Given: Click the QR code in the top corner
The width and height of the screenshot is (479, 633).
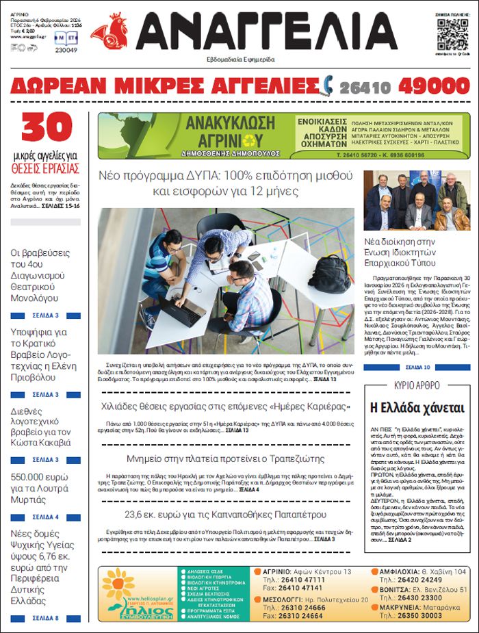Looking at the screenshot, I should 453,34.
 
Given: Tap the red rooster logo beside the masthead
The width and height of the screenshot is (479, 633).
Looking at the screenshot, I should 109,31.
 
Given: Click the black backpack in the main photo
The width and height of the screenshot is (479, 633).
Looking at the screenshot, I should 329,274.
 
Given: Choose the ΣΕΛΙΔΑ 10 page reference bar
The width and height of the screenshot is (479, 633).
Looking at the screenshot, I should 417,367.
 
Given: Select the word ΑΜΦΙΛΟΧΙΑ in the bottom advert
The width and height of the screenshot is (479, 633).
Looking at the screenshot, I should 409,571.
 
